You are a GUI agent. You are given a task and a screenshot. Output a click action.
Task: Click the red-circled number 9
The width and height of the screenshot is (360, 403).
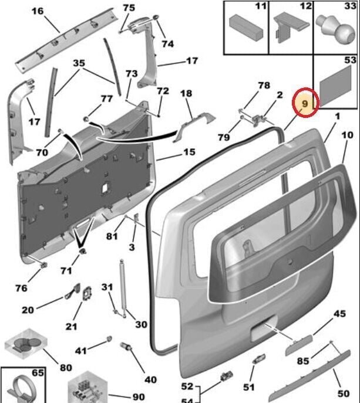(x=305, y=104)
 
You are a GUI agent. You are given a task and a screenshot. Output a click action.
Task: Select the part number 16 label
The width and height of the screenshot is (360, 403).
(x=37, y=11)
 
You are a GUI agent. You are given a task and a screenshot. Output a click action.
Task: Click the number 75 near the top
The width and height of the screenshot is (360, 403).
(x=129, y=8)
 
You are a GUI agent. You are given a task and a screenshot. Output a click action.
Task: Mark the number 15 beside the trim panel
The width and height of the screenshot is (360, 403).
(x=189, y=153)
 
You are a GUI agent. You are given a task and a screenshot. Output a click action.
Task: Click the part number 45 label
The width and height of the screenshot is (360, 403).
(x=340, y=314)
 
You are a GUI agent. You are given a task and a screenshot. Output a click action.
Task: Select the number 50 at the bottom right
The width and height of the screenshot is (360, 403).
(x=344, y=393)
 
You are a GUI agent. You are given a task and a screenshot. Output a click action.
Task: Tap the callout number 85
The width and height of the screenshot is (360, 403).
(x=302, y=361)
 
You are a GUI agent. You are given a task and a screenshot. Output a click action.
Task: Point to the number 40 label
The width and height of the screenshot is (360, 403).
(x=150, y=380)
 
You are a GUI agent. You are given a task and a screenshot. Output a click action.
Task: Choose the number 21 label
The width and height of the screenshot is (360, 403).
(x=71, y=326)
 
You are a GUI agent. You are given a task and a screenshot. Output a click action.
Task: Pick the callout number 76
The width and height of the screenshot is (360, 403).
(x=21, y=288)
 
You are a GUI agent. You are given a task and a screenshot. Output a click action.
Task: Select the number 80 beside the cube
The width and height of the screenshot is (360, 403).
(x=66, y=368)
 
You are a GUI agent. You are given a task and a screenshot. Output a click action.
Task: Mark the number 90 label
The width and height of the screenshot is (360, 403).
(x=139, y=398)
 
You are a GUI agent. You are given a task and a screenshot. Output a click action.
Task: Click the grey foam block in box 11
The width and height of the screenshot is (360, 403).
(x=242, y=25)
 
